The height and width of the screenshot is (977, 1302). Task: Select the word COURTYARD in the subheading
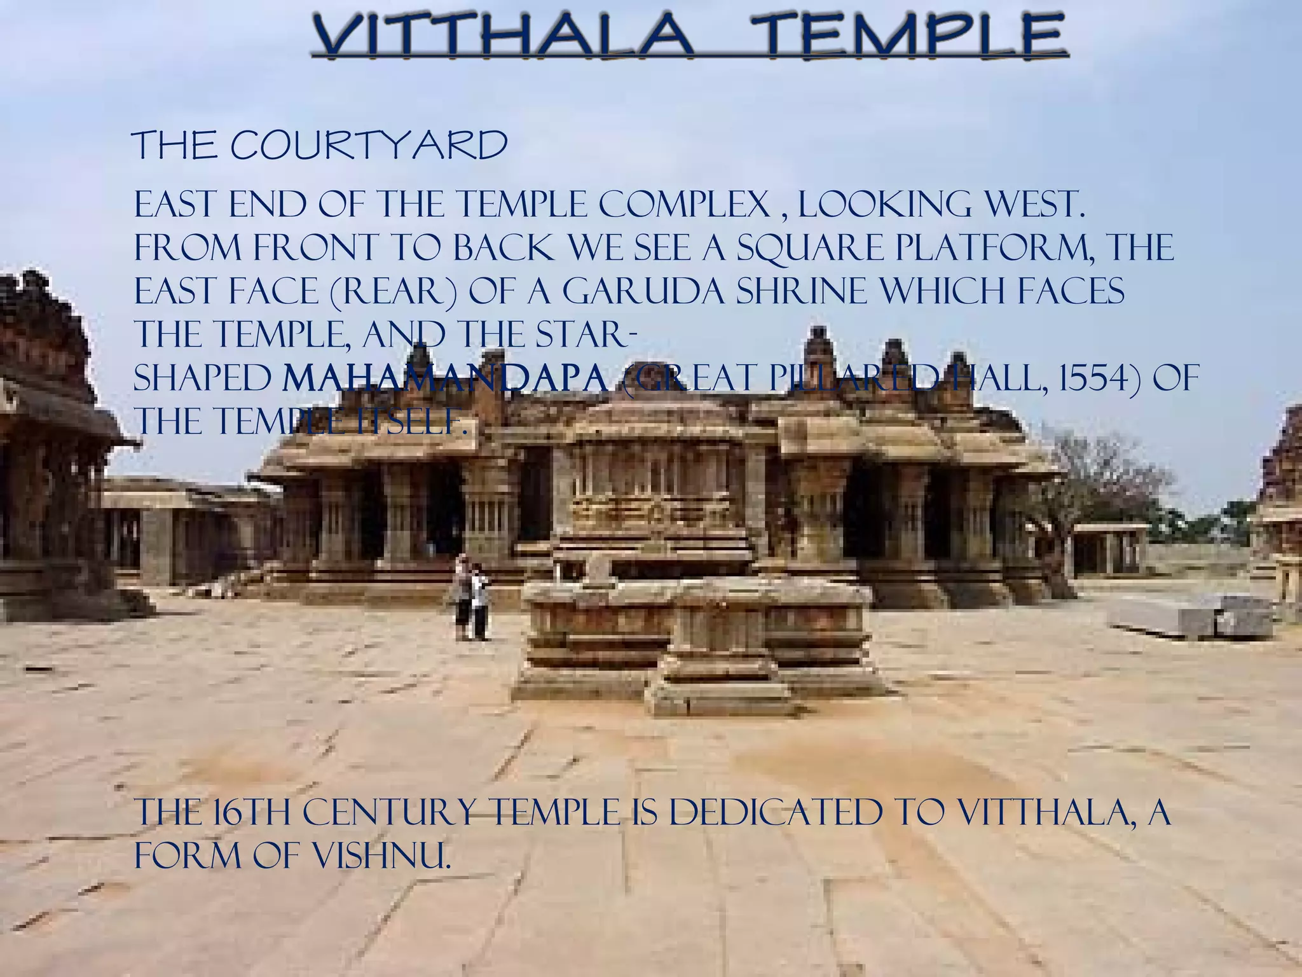click(369, 147)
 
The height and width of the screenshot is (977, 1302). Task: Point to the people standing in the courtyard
click(470, 598)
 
